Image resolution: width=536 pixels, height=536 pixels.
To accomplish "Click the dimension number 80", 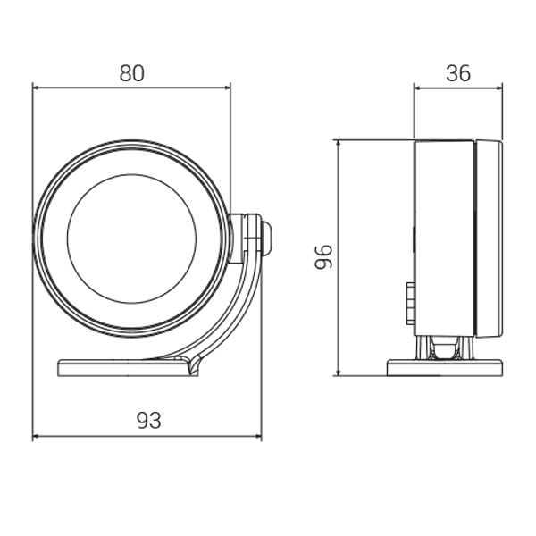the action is (132, 73).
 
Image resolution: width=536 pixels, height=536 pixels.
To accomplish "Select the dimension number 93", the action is (148, 421).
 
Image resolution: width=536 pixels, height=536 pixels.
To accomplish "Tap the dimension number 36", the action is (458, 73).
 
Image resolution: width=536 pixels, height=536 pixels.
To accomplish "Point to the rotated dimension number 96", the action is (323, 257).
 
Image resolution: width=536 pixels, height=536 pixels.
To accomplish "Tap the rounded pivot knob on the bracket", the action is (267, 239).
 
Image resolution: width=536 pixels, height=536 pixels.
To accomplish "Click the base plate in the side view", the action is (445, 367).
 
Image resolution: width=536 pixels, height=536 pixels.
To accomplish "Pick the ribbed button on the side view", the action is (410, 304).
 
